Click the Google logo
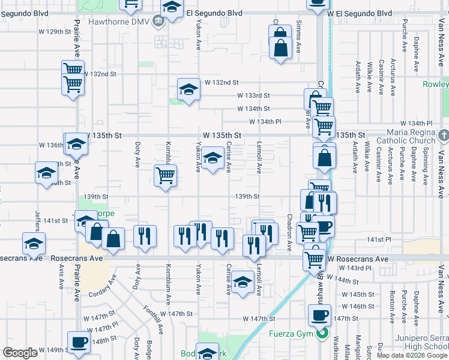coord(20,353)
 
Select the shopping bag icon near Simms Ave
coord(280,46)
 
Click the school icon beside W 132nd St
coord(188,90)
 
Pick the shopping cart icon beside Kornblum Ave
coord(165,175)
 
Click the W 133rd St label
coord(254,95)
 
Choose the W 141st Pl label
coord(379,239)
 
